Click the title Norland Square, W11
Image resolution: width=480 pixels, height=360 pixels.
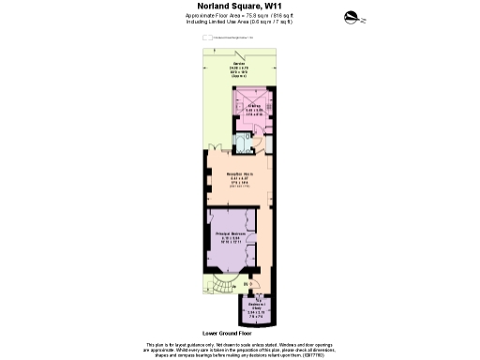point(239,7)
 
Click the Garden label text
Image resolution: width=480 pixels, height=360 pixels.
point(240,63)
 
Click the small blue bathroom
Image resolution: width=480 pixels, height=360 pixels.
point(243,142)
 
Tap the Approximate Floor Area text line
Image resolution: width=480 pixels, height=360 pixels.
point(239,16)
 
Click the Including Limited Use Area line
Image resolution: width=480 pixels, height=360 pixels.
point(239,22)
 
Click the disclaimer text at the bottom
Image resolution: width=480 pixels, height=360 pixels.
point(239,349)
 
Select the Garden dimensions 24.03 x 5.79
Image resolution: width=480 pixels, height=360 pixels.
point(240,68)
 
